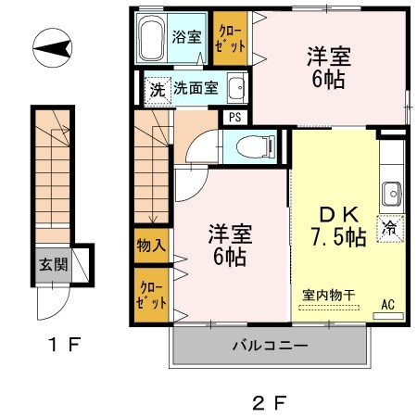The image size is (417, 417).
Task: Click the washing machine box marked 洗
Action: coord(158,90)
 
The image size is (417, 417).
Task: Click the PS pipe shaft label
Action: coord(234,118)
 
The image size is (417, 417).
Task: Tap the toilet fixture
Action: coord(255,145)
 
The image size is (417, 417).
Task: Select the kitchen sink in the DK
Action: coord(391,195)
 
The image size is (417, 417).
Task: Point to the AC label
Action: coord(387,304)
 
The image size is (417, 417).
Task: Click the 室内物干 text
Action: coord(329,295)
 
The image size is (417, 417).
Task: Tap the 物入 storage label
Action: coord(152,246)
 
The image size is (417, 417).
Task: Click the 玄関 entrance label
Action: coord(51,263)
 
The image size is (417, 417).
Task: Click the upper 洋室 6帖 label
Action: coord(327,67)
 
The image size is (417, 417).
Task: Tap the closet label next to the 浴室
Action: coord(230,38)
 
